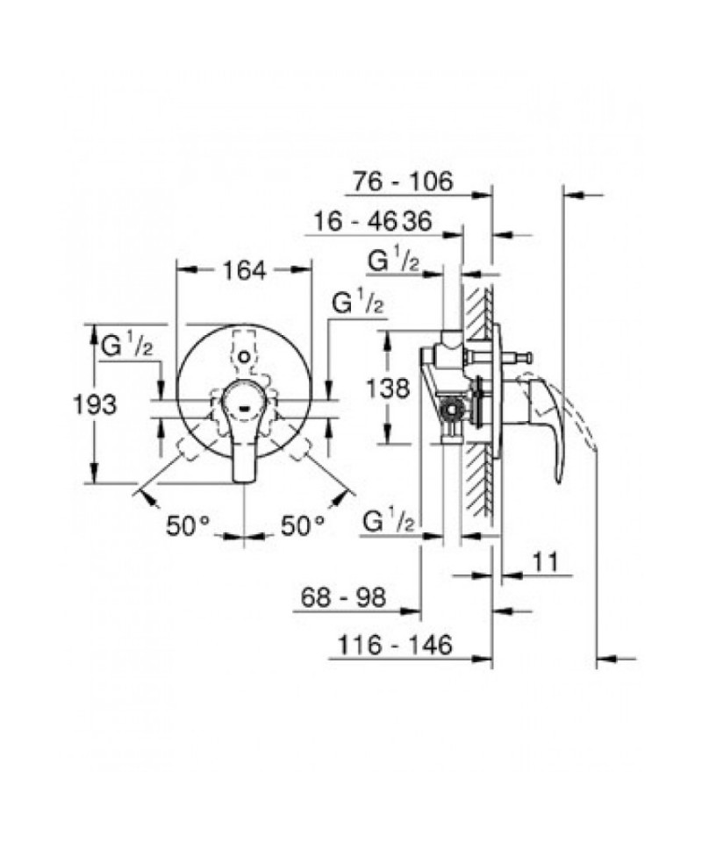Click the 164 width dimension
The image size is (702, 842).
(x=245, y=270)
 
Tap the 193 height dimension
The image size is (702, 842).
(x=95, y=403)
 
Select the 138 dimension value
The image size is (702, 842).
(x=388, y=387)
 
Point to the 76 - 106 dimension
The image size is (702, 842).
(x=403, y=182)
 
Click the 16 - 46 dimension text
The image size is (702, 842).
(x=355, y=221)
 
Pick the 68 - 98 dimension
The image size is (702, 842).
(x=343, y=597)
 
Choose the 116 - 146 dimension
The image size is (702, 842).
(x=394, y=645)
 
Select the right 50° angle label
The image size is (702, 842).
(x=303, y=525)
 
